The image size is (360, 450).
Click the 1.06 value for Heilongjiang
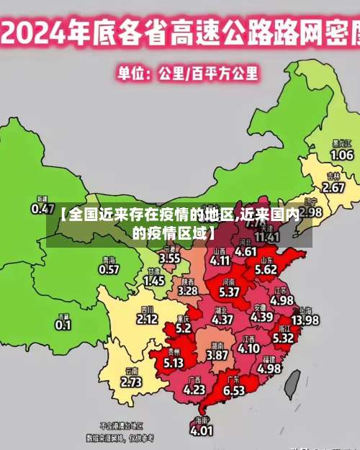[341, 154]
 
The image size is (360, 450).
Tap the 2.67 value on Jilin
[333, 187]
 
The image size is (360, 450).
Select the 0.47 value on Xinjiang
[43, 209]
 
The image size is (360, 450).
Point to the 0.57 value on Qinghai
[109, 269]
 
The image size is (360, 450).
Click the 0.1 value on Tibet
[63, 325]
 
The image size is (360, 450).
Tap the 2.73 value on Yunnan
[131, 382]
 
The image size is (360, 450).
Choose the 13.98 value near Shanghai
[305, 320]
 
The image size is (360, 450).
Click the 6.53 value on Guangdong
[233, 390]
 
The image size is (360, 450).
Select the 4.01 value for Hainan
[202, 430]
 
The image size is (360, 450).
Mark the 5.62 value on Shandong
[266, 269]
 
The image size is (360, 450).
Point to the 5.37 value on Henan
[229, 292]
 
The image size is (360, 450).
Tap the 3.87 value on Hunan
[217, 355]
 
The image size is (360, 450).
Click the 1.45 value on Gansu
[154, 282]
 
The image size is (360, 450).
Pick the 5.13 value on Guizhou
[174, 363]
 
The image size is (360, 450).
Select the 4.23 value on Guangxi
[194, 390]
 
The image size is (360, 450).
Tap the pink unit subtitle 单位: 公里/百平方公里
[189, 73]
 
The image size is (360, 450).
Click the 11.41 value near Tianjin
[267, 236]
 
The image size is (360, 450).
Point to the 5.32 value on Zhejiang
[283, 337]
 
